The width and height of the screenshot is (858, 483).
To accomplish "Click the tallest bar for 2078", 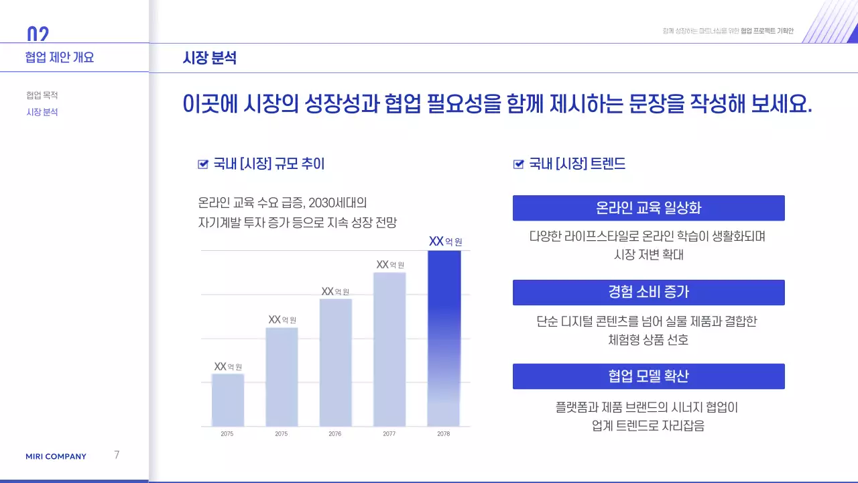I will pos(444,338).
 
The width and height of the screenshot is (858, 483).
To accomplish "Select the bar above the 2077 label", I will pos(389,349).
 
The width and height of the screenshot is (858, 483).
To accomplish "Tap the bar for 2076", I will pos(336,362).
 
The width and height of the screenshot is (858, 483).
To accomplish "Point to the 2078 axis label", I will pos(444,434).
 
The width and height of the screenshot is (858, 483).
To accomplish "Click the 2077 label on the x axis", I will pos(389,434).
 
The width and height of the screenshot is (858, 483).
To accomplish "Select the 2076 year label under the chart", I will pos(335,434).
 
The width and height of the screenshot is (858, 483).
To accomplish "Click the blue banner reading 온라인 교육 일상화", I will pos(648,208).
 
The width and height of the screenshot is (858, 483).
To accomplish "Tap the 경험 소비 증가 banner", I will pos(648,292).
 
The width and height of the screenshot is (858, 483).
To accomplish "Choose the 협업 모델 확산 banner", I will pos(648,376).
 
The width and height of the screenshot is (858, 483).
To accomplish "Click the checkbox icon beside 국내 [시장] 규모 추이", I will pos(203,164).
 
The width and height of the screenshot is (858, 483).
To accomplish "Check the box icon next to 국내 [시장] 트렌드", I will pos(518,164).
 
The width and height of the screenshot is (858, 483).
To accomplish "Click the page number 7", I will pos(117,455).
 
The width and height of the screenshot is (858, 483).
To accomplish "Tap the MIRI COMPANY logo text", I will pos(56,457).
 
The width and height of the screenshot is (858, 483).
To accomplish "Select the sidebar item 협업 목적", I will pos(42,95).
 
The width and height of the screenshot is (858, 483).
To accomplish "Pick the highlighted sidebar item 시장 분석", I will pos(42,112).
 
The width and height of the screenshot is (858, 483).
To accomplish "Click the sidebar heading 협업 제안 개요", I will pos(60,58).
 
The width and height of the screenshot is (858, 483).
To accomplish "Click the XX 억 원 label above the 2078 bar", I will pos(445,241).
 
